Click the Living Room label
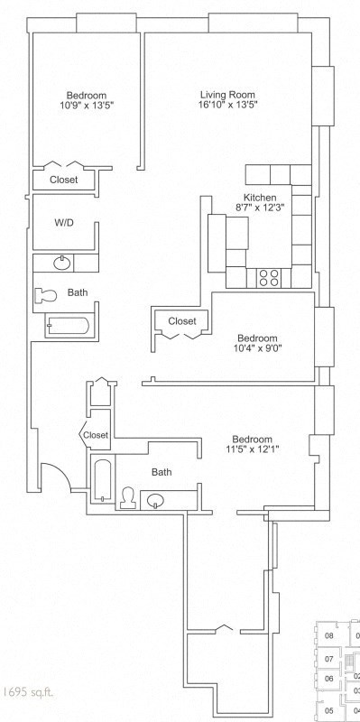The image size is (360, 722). click(227, 95)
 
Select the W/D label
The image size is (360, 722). click(63, 222)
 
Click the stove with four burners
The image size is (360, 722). click(269, 276)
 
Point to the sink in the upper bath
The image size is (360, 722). click(61, 263)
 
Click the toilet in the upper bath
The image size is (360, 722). click(45, 294)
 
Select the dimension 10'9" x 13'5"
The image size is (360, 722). click(87, 106)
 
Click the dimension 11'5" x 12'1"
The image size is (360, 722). click(252, 450)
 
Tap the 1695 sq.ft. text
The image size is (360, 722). click(26, 692)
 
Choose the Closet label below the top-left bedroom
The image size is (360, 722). click(63, 180)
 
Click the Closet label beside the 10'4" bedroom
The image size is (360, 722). click(181, 320)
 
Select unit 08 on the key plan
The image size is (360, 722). click(329, 635)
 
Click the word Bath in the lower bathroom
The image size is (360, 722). click(162, 471)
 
